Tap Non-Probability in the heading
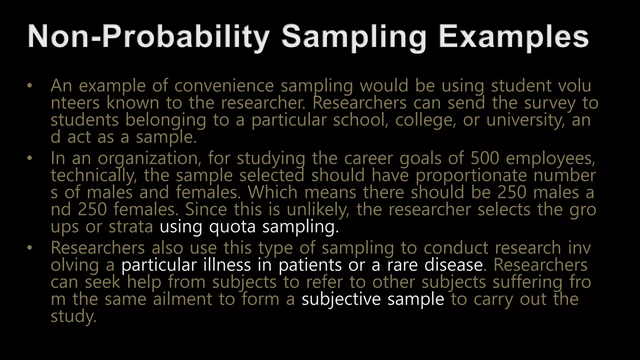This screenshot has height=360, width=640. click(148, 37)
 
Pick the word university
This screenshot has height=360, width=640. click(525, 120)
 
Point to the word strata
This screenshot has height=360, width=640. click(131, 227)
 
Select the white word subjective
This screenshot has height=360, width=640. click(341, 299)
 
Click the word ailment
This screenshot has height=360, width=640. click(182, 299)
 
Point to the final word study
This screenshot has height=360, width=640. click(73, 317)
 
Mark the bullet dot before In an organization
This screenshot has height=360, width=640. click(30, 158)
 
